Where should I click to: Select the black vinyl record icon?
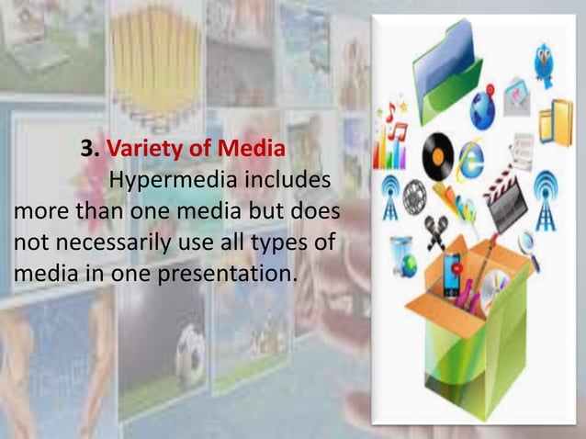coord(434,149)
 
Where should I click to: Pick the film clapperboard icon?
coord(504,195)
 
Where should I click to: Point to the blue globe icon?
coord(483,108)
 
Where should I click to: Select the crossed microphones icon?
coord(434,231)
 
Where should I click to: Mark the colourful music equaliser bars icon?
coord(394,147)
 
